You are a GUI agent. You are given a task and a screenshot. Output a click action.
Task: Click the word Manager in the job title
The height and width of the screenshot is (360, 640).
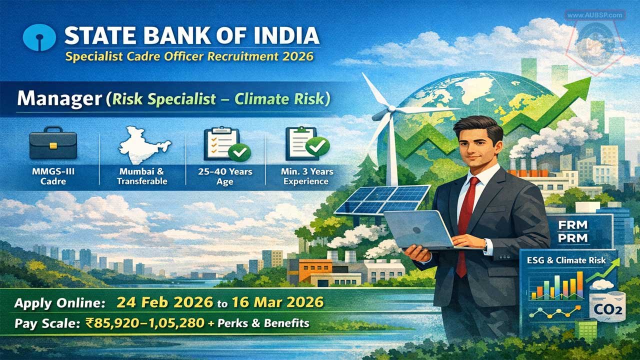(59, 99)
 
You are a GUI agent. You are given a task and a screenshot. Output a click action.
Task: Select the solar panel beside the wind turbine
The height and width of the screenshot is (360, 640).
(383, 199)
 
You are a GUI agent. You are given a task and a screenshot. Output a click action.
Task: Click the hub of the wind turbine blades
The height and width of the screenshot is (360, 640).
(391, 108)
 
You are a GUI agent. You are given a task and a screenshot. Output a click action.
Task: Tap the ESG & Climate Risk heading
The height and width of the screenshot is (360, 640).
(566, 260)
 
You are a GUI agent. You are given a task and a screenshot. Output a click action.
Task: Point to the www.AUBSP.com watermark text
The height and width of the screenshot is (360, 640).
(595, 15)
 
